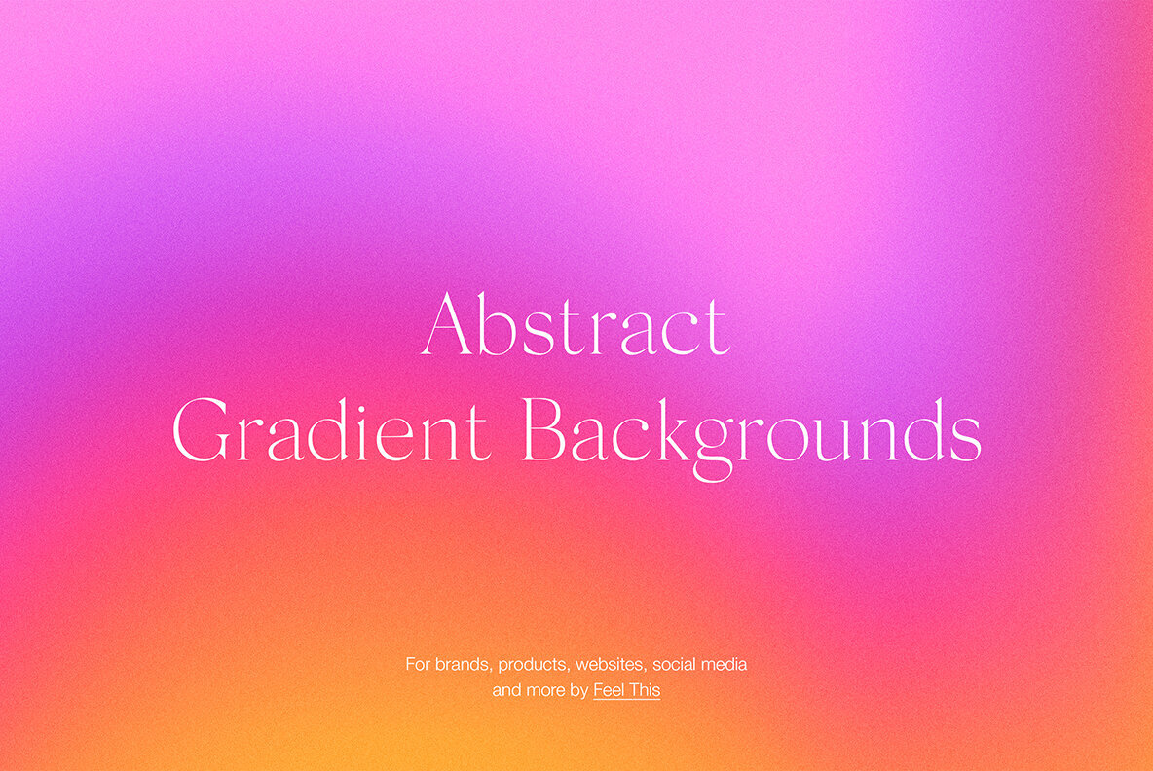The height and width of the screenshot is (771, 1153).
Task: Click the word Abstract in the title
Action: click(x=576, y=324)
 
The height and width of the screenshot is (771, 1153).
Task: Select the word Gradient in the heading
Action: click(x=331, y=430)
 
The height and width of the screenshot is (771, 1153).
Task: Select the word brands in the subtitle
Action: click(x=463, y=665)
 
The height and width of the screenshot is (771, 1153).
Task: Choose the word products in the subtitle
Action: click(x=533, y=666)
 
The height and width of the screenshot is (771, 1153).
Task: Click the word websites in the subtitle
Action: click(x=611, y=665)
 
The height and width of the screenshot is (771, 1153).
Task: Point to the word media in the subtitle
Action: click(x=725, y=665)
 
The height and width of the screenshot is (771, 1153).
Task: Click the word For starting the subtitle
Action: click(x=418, y=665)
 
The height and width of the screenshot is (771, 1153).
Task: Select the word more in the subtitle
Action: click(x=546, y=690)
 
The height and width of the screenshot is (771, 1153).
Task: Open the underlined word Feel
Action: click(x=609, y=690)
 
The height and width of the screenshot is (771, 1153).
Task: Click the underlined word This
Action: click(x=645, y=690)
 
